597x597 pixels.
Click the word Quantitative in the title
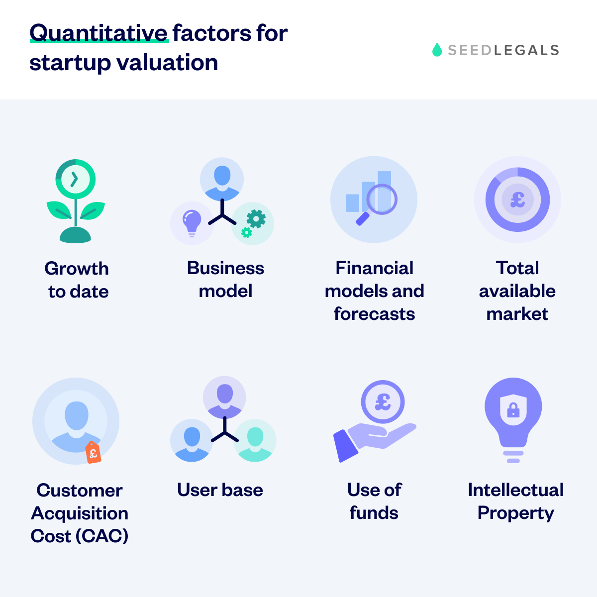pos(99,34)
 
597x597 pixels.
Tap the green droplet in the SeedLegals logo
pos(437,50)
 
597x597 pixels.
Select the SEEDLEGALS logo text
pos(503,50)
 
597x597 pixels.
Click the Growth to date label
pos(78,280)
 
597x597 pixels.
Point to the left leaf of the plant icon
pos(59,210)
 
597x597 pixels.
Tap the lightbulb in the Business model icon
pos(192,221)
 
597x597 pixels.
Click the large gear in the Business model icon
pos(256,218)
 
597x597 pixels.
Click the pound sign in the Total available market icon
pos(517,199)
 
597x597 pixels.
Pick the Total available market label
pos(517,291)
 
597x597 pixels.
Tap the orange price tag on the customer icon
pos(93,452)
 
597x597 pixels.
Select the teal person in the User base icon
pos(255,440)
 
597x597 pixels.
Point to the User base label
pos(220,490)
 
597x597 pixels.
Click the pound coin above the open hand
pos(383,401)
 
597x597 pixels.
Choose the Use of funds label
pos(374,501)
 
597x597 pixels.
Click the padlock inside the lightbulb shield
pos(513,410)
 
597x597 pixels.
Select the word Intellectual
pos(515,490)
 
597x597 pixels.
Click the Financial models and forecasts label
pos(374,291)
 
